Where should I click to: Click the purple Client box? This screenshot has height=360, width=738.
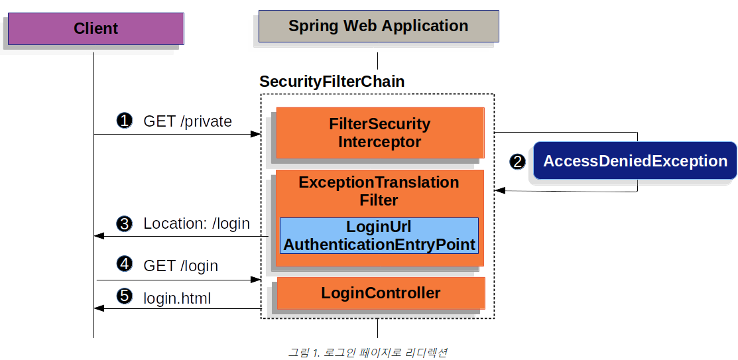pos(95,29)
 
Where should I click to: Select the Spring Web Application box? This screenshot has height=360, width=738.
pos(378,27)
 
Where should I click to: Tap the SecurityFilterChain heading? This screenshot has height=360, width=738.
pos(332,82)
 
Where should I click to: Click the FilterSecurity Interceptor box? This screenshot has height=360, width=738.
pos(380,133)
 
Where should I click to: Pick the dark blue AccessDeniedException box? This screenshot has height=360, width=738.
pos(635,161)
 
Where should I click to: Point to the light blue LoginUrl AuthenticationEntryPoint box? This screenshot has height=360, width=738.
pos(379,235)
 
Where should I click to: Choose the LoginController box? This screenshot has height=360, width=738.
pos(381,293)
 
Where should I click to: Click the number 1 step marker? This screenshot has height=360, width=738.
pos(124,121)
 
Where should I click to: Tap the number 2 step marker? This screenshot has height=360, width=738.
pos(517,161)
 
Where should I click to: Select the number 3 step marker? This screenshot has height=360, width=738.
pos(124,223)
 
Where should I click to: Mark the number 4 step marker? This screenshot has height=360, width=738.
pos(124,265)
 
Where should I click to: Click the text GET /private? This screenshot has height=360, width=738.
pos(188,121)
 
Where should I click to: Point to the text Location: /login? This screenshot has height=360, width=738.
pos(196,224)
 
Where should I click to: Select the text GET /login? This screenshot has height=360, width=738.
pos(180,266)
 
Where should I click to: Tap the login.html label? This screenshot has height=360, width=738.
pos(177,299)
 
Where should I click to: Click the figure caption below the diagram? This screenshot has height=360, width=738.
pos(367,352)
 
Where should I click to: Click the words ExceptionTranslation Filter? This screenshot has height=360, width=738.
pos(379,191)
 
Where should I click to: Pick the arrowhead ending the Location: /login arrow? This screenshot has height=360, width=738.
pos(99,236)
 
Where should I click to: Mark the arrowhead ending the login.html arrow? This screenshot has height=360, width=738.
pos(99,308)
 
